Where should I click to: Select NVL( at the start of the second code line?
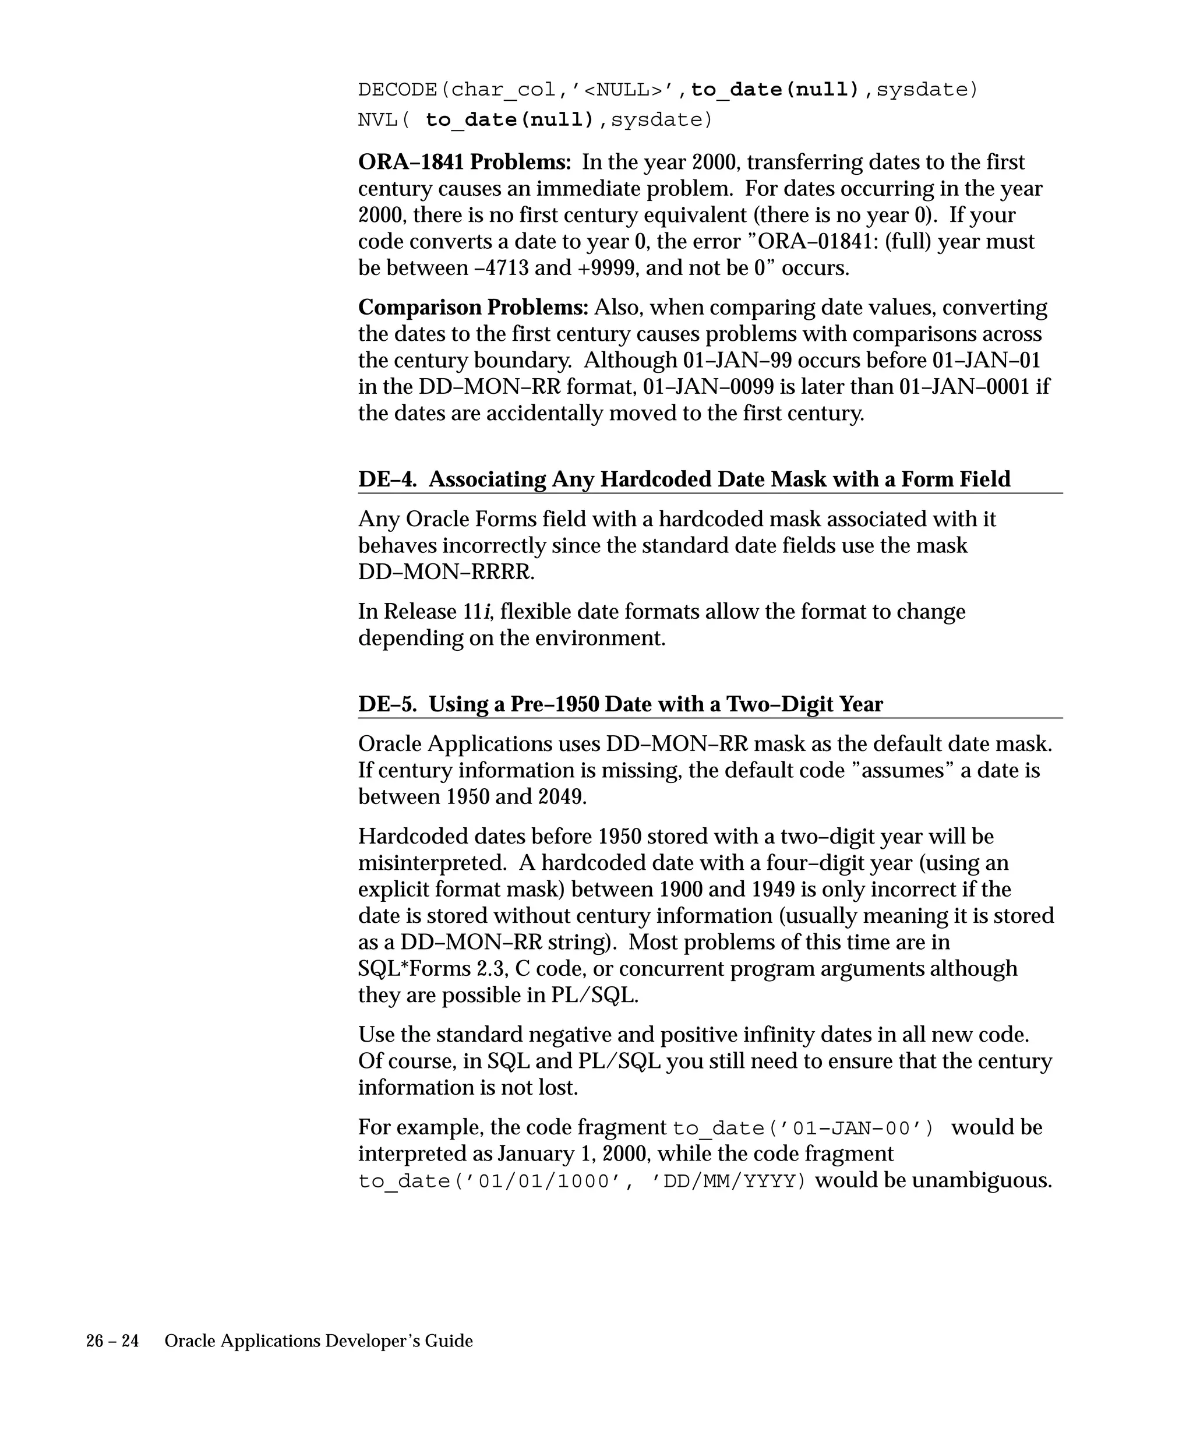click(x=384, y=120)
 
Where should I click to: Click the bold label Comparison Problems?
click(x=473, y=308)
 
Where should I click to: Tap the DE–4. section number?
click(x=387, y=479)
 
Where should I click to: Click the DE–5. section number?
click(x=387, y=704)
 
